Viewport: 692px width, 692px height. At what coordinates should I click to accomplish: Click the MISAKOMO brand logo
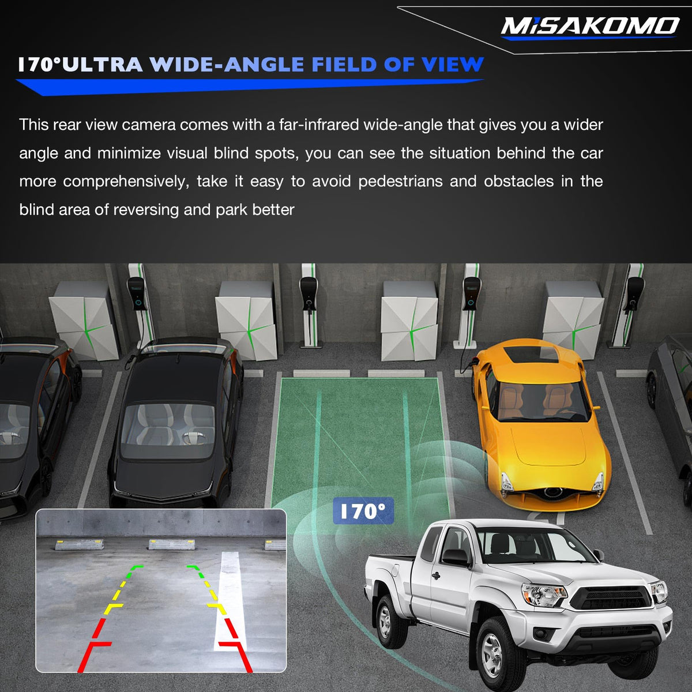(x=591, y=27)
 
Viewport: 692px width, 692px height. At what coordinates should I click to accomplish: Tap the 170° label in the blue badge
(x=363, y=512)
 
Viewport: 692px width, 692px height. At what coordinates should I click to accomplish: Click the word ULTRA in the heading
(x=102, y=65)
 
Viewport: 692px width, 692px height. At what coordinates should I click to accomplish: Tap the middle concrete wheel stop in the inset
(x=172, y=544)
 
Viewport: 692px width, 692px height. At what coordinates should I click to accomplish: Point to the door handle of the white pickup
(x=436, y=576)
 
